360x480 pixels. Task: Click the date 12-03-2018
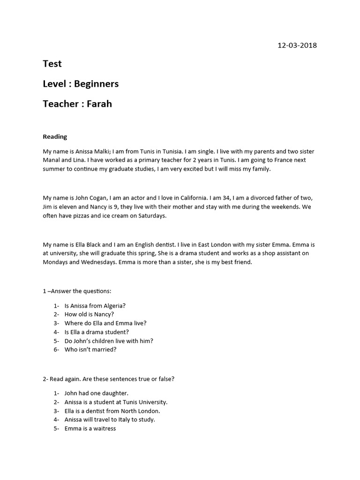[297, 45]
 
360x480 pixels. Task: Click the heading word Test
[52, 63]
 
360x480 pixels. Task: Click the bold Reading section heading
[55, 137]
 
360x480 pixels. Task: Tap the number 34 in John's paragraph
[223, 198]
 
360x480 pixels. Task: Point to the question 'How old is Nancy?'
[89, 315]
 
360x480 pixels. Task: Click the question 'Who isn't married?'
[90, 350]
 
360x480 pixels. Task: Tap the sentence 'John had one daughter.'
[96, 393]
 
